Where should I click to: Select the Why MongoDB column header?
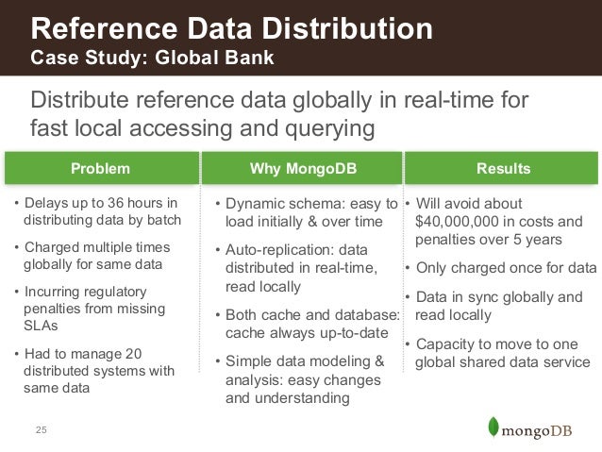302,169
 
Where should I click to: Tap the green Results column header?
503,169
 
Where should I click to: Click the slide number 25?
41,431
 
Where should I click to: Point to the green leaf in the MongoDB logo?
491,426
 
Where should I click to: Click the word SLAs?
39,326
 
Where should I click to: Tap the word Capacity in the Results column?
444,343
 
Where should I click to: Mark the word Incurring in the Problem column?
54,292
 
